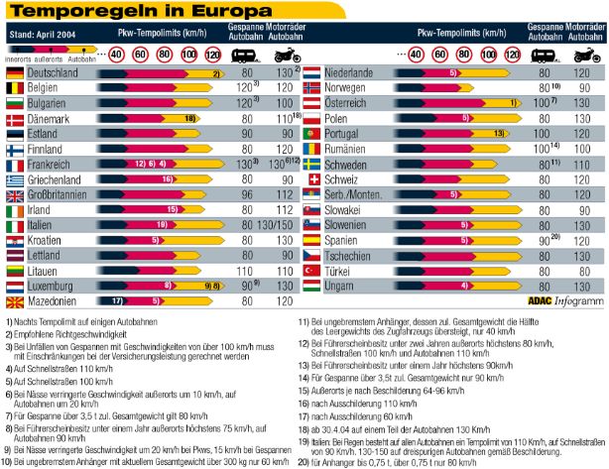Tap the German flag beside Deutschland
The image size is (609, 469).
[x=15, y=73]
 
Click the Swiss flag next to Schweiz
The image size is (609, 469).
[x=311, y=179]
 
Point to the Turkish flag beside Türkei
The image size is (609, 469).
[x=311, y=270]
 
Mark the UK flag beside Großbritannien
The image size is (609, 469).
[x=15, y=194]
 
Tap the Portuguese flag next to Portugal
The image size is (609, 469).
[x=311, y=134]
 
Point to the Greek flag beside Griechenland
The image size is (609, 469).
[x=15, y=179]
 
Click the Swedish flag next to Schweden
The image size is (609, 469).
[x=311, y=164]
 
